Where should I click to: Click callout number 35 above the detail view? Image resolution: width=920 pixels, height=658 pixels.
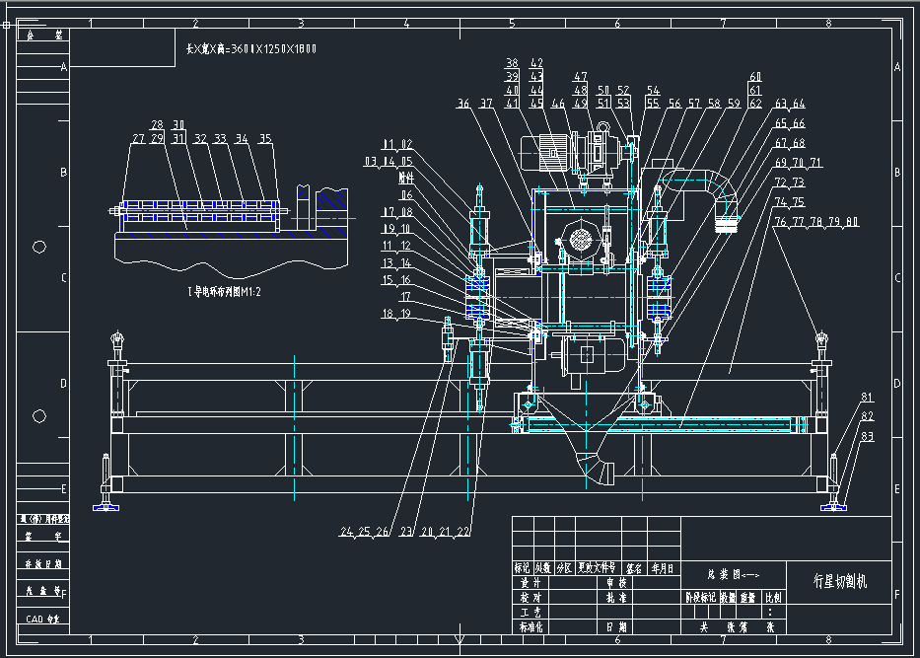264,139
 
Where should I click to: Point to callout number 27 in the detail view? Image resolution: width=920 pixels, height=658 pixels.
138,139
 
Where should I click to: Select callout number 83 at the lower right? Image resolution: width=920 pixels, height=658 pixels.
867,435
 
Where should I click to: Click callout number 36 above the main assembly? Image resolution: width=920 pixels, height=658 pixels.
462,103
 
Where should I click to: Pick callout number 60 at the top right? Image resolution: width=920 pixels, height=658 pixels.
755,77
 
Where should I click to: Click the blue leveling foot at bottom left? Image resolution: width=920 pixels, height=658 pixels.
106,507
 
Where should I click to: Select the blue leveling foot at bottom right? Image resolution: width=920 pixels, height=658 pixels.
835,507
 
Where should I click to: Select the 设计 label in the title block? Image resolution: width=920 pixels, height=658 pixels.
531,582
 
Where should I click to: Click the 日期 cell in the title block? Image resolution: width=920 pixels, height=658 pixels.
612,625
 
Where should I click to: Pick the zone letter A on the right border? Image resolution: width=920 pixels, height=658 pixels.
897,67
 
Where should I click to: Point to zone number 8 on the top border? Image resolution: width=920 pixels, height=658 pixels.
828,23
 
